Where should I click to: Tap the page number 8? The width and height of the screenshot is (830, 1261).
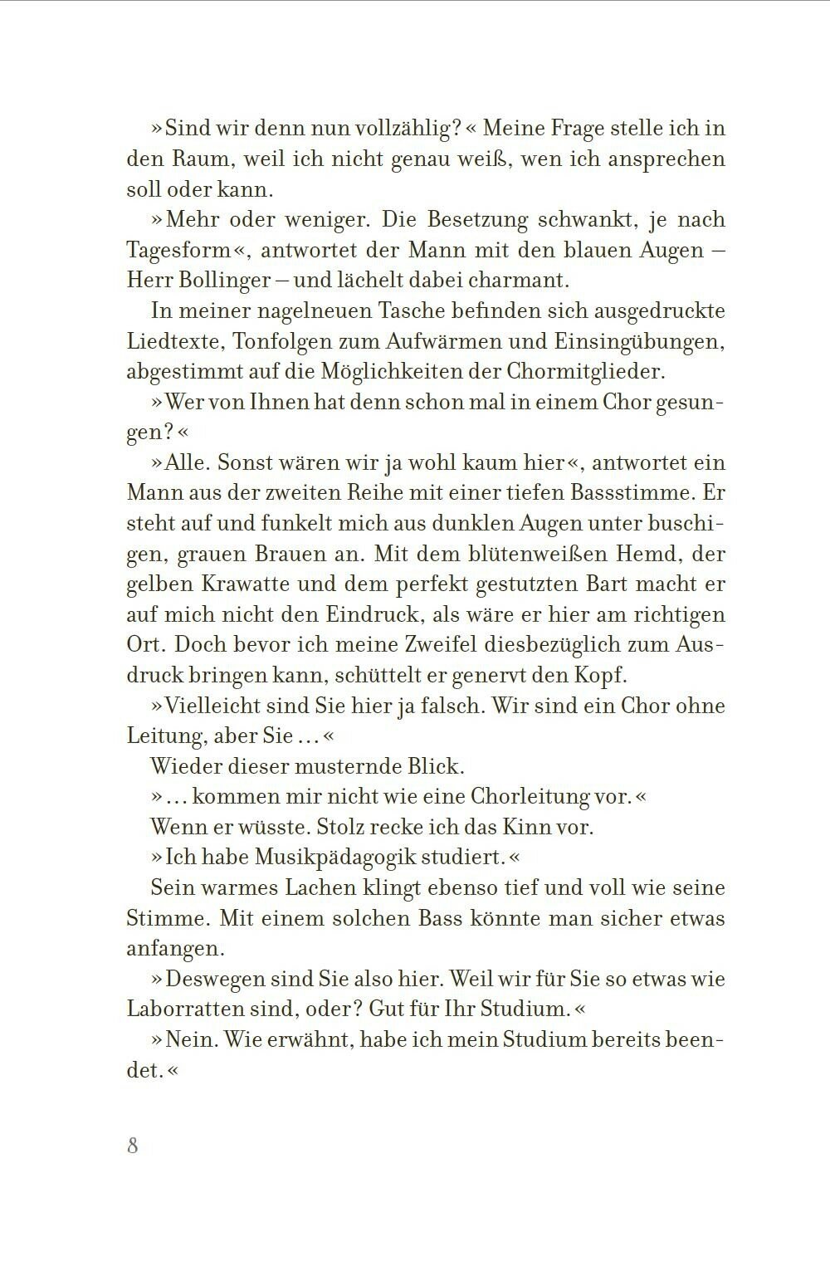coord(133,1146)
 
